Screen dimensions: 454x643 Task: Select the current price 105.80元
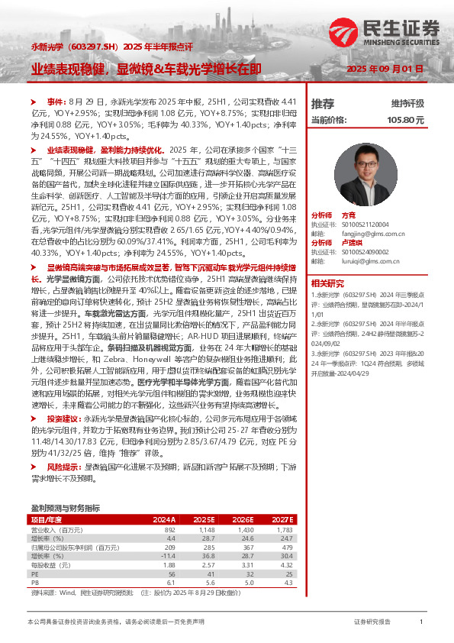(x=405, y=120)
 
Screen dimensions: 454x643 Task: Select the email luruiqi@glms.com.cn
(x=369, y=260)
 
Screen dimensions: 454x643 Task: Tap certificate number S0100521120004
(x=369, y=223)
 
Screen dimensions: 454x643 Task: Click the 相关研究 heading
(x=327, y=282)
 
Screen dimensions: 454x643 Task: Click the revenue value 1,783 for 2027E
(x=284, y=529)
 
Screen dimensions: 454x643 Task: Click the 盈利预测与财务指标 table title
(x=65, y=507)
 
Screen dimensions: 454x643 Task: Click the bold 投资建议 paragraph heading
(x=63, y=418)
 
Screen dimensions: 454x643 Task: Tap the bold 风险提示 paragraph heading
(x=63, y=465)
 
